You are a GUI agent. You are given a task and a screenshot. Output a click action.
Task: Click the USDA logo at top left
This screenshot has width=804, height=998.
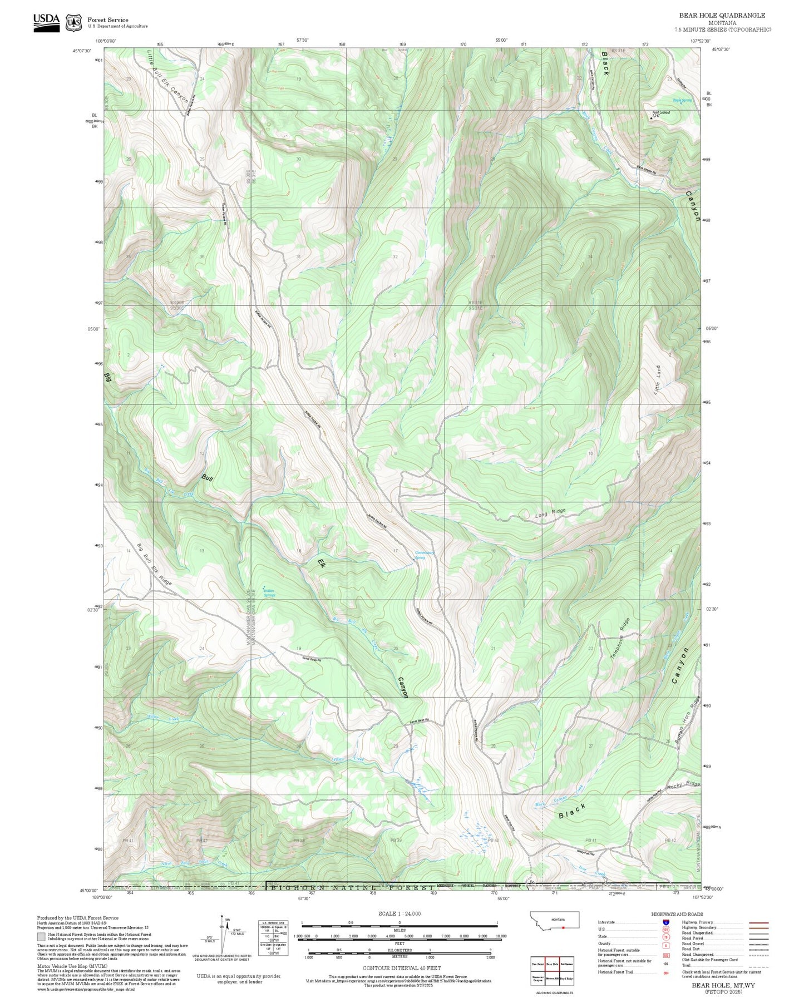46,22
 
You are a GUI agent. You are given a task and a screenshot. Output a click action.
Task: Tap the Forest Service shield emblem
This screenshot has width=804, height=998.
73,22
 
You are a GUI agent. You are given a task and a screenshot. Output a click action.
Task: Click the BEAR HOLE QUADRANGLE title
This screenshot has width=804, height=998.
722,16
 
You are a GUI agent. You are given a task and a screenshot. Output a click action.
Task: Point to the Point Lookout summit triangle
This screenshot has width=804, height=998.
653,118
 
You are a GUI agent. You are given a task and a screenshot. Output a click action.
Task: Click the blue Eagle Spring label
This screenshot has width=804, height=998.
682,100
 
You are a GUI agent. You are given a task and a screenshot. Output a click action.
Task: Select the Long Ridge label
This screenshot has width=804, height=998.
550,514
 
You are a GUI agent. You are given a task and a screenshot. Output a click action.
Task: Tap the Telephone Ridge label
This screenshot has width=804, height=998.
620,639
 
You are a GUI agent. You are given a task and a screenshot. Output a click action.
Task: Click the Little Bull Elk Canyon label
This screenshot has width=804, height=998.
168,75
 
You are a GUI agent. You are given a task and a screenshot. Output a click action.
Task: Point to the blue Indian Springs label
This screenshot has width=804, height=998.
269,593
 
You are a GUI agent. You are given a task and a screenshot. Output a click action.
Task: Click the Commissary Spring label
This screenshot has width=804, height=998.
425,555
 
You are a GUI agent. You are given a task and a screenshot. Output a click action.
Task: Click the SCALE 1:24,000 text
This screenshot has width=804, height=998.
399,913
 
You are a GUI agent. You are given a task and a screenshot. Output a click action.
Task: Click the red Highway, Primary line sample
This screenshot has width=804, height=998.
758,922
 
